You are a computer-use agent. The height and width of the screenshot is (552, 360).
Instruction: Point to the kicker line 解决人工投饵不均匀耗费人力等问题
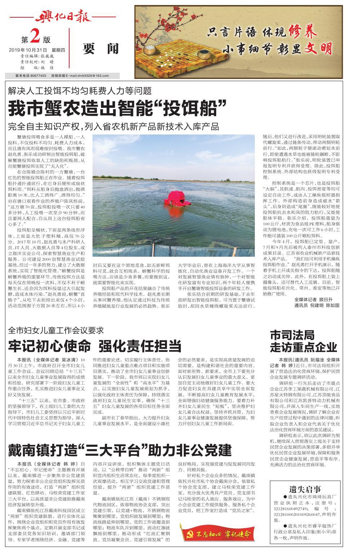[80, 91]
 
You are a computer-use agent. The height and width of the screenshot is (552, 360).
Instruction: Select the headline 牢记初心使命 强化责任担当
[94, 346]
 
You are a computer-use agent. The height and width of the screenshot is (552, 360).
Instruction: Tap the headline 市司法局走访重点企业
[303, 341]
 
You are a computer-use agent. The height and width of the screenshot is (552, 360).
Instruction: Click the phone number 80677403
[38, 76]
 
